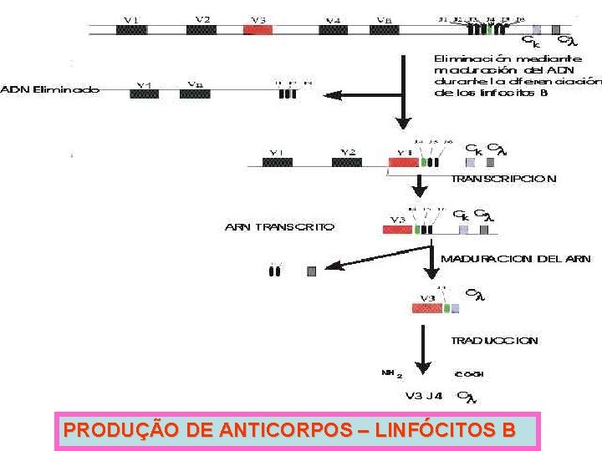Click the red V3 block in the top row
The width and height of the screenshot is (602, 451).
click(x=258, y=29)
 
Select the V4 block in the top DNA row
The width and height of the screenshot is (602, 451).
click(x=334, y=29)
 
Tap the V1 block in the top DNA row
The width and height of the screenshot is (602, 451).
click(x=130, y=29)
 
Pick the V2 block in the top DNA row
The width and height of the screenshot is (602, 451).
click(x=202, y=29)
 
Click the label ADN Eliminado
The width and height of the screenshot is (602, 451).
click(x=50, y=89)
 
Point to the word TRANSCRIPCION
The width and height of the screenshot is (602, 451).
click(x=503, y=179)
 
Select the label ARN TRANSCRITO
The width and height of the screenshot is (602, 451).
click(x=280, y=226)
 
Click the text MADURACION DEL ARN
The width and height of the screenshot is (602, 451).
click(x=515, y=259)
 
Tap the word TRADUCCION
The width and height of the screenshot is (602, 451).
click(x=494, y=340)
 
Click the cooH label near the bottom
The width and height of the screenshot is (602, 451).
click(x=469, y=373)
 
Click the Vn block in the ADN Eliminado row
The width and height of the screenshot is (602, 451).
click(x=194, y=94)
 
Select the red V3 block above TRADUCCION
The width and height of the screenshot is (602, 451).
click(x=426, y=308)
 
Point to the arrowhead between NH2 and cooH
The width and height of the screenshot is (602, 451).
click(x=424, y=368)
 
